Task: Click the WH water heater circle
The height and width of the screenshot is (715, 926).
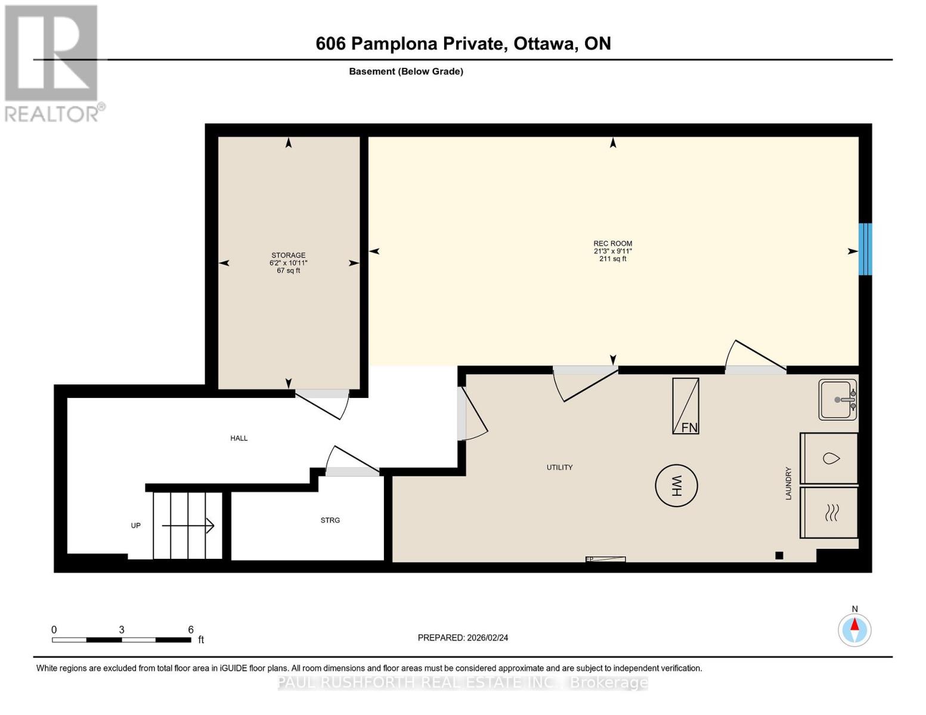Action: click(x=676, y=486)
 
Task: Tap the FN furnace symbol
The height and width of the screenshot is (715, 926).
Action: click(x=686, y=406)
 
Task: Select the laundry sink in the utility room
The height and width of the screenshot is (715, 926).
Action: click(x=838, y=400)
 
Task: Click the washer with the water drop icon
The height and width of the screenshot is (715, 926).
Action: click(x=829, y=458)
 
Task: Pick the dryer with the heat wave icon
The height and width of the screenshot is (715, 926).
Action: click(x=829, y=512)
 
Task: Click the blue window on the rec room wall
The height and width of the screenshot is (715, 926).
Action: click(x=865, y=249)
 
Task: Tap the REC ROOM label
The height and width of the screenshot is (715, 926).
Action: click(x=612, y=243)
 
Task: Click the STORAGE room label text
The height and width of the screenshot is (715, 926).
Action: click(x=289, y=255)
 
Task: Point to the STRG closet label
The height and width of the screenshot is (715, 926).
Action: click(x=330, y=520)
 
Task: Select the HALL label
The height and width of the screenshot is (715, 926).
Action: click(x=239, y=438)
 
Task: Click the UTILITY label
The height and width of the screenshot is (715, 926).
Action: click(x=559, y=467)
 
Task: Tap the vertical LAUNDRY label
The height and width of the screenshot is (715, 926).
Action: click(x=788, y=483)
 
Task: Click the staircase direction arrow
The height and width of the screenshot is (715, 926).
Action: click(x=188, y=526)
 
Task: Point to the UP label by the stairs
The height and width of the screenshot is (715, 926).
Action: click(x=136, y=526)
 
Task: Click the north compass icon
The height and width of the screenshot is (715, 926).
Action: click(x=854, y=629)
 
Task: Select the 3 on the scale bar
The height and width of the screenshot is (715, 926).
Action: click(x=122, y=630)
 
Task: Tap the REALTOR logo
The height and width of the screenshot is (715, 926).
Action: click(x=52, y=63)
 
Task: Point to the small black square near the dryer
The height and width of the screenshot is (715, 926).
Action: click(x=779, y=555)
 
